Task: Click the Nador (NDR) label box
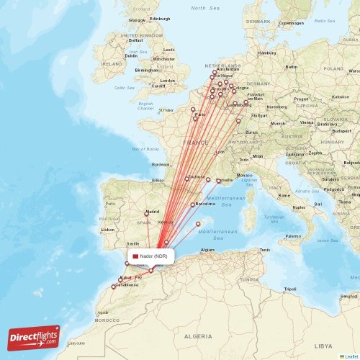pyautogui.click(x=152, y=256)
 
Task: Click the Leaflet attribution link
pyautogui.click(x=350, y=356)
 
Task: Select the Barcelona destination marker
pyautogui.click(x=192, y=205)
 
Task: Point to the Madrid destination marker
pyautogui.click(x=147, y=212)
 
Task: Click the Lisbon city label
pyautogui.click(x=108, y=229)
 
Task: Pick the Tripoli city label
pyautogui.click(x=290, y=289)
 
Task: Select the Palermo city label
pyautogui.click(x=293, y=236)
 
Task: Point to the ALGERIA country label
pyautogui.click(x=198, y=336)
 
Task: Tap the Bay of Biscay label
pyautogui.click(x=145, y=149)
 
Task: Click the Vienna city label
pyautogui.click(x=307, y=122)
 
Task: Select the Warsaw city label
pyautogui.click(x=353, y=72)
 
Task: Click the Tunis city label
pyautogui.click(x=265, y=250)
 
